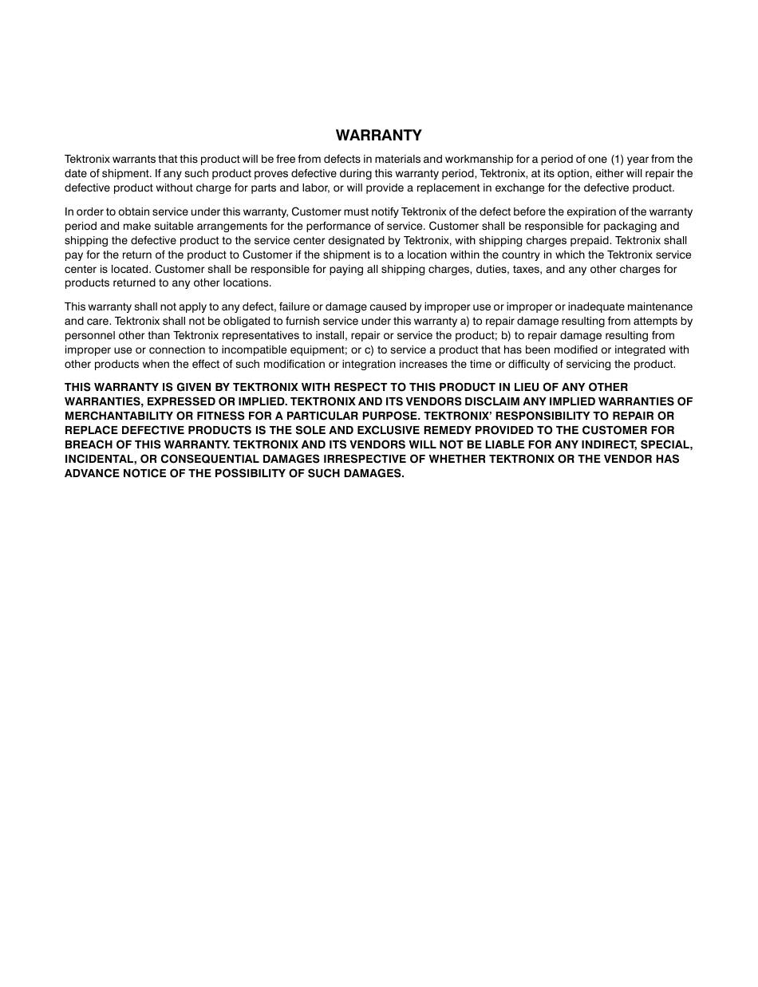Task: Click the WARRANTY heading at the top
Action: [378, 136]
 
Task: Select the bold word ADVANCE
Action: [90, 474]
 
